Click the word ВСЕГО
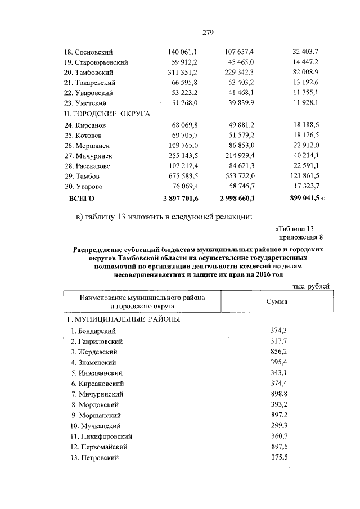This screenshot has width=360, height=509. [82, 198]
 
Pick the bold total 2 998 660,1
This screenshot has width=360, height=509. [236, 198]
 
